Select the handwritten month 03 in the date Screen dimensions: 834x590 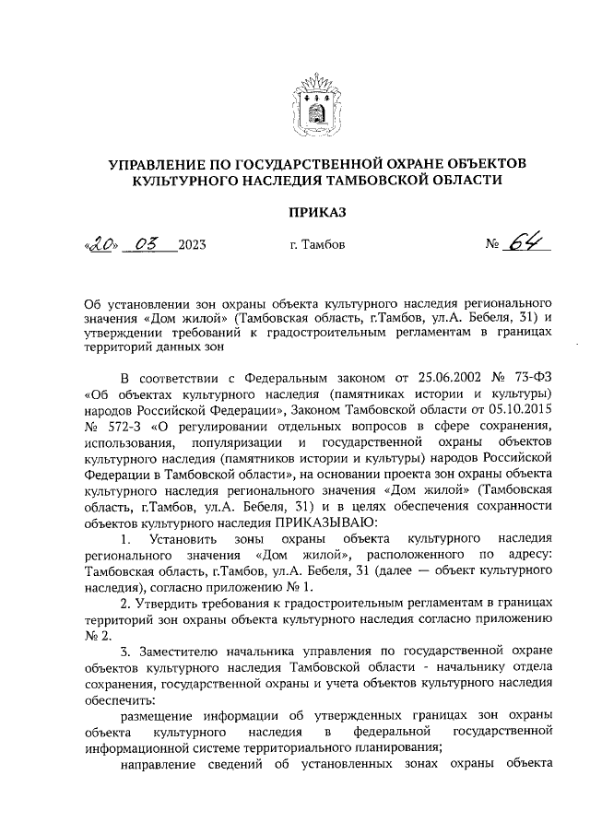(147, 244)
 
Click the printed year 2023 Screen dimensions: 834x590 (192, 245)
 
